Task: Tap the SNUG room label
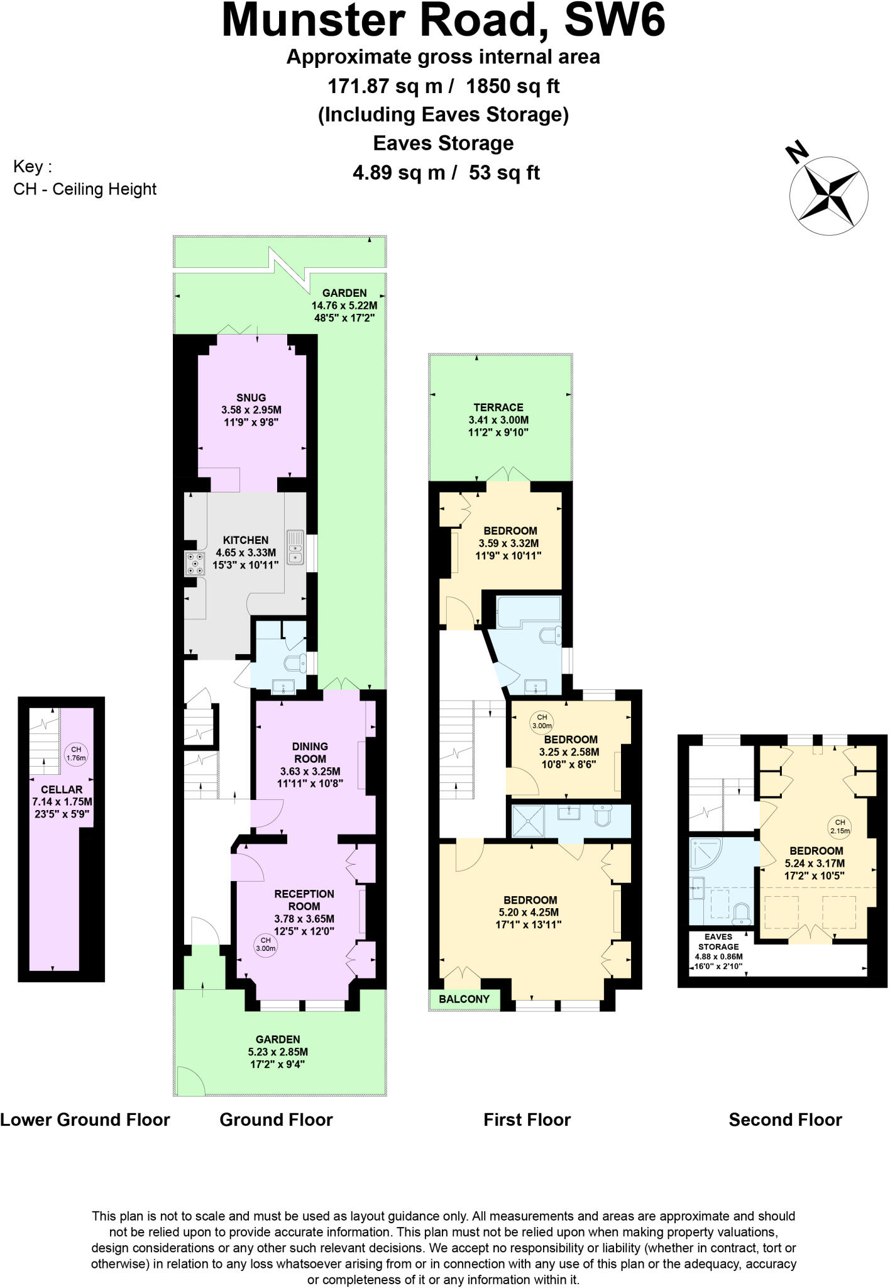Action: (x=251, y=397)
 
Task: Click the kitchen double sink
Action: (x=295, y=547)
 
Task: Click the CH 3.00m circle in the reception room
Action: (x=265, y=945)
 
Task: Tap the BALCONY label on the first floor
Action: (x=464, y=999)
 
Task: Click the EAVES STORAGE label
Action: (x=718, y=941)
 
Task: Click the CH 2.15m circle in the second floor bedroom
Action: (x=840, y=826)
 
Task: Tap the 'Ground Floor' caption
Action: (x=276, y=1120)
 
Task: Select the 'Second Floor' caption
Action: (x=785, y=1120)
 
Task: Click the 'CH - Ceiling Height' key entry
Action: (x=85, y=189)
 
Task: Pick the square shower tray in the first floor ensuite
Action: (x=529, y=821)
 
